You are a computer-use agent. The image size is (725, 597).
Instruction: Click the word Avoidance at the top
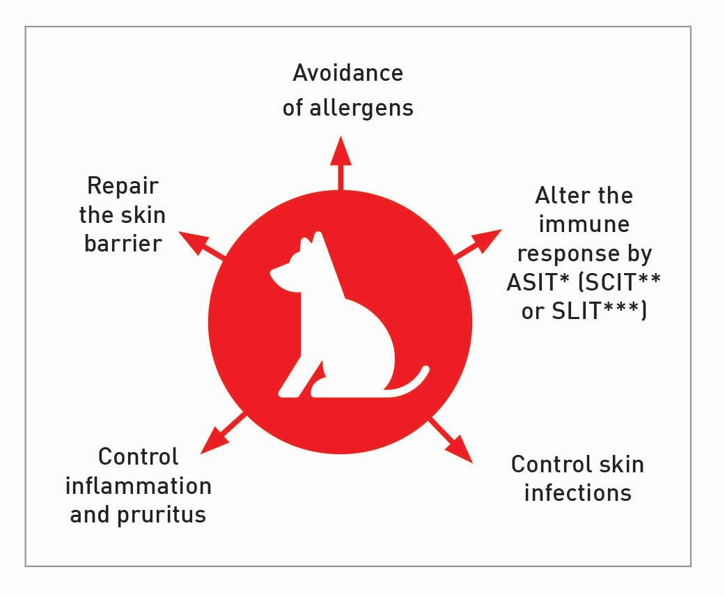pyautogui.click(x=348, y=73)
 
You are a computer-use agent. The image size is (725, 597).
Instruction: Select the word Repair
pyautogui.click(x=123, y=187)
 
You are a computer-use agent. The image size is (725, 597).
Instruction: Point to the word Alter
pyautogui.click(x=557, y=196)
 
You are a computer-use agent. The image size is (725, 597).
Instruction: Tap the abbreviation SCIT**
pyautogui.click(x=621, y=282)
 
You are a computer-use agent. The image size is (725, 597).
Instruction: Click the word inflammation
pyautogui.click(x=138, y=486)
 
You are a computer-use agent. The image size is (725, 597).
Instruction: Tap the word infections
pyautogui.click(x=577, y=493)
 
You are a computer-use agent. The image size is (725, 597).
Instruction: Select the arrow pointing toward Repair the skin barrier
pyautogui.click(x=201, y=244)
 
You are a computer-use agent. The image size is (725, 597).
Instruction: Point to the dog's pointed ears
pyautogui.click(x=311, y=244)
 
